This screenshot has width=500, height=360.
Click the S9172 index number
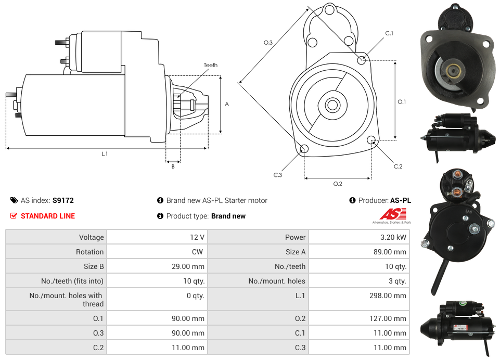pyautogui.click(x=63, y=200)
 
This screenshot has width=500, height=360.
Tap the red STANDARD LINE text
pyautogui.click(x=48, y=216)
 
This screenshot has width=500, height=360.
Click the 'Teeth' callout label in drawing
pyautogui.click(x=210, y=65)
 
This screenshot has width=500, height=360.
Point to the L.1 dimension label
pyautogui.click(x=105, y=154)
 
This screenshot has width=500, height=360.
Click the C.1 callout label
pyautogui.click(x=389, y=33)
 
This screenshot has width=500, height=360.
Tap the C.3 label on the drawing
pyautogui.click(x=277, y=175)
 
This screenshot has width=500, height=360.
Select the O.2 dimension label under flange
pyautogui.click(x=337, y=184)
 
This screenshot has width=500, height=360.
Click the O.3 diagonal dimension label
pyautogui.click(x=268, y=43)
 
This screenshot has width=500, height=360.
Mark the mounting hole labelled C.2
pyautogui.click(x=371, y=140)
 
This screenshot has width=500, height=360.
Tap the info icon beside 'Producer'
pyautogui.click(x=352, y=200)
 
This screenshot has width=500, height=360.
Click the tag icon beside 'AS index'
pyautogui.click(x=14, y=200)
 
